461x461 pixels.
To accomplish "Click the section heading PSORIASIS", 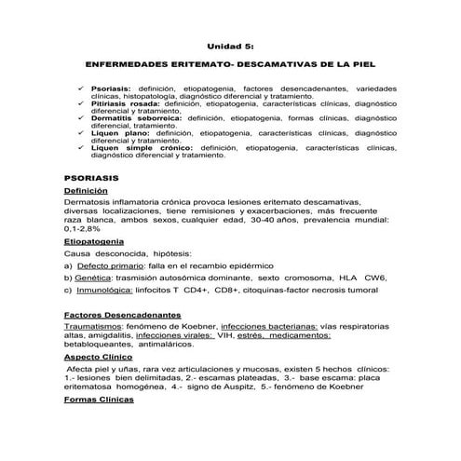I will (x=90, y=175).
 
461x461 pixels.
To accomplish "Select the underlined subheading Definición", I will (x=88, y=190).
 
